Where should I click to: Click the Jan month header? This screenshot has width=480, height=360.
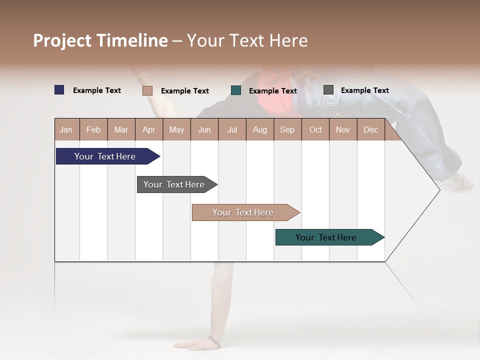[66, 129]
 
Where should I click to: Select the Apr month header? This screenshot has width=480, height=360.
[148, 129]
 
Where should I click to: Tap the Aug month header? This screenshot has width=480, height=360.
[259, 129]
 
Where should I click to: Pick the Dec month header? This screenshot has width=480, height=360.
[370, 129]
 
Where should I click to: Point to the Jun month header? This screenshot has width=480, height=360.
[204, 129]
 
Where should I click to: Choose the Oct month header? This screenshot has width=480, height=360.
[315, 129]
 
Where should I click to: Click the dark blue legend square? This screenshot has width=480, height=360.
[59, 90]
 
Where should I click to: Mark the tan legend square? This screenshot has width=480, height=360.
[147, 90]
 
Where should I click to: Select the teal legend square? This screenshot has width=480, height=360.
[236, 90]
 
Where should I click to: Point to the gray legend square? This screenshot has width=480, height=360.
[328, 90]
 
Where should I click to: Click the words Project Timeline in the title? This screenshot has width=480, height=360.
[100, 40]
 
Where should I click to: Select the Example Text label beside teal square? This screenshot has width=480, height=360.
[272, 91]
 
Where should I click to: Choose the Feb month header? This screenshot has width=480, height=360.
[93, 129]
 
